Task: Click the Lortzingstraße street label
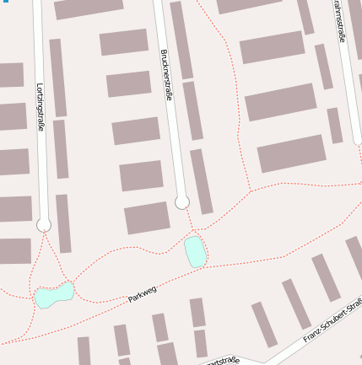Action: [x=40, y=106]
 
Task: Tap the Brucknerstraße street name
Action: [x=165, y=75]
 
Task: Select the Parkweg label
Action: [x=143, y=294]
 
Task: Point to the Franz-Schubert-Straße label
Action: [x=332, y=324]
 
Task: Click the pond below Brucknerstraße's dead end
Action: [x=195, y=251]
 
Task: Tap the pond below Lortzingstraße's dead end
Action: [x=54, y=295]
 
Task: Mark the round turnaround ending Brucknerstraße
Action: [x=181, y=202]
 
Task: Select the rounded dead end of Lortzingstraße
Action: [x=44, y=224]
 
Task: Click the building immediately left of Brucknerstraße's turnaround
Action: [x=147, y=217]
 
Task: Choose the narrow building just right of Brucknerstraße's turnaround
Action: [x=201, y=180]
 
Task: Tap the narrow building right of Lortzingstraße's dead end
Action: [x=63, y=223]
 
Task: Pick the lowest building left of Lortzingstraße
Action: [x=14, y=250]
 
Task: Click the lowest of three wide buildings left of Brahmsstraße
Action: [x=291, y=153]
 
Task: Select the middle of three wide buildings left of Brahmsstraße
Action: [x=280, y=101]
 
